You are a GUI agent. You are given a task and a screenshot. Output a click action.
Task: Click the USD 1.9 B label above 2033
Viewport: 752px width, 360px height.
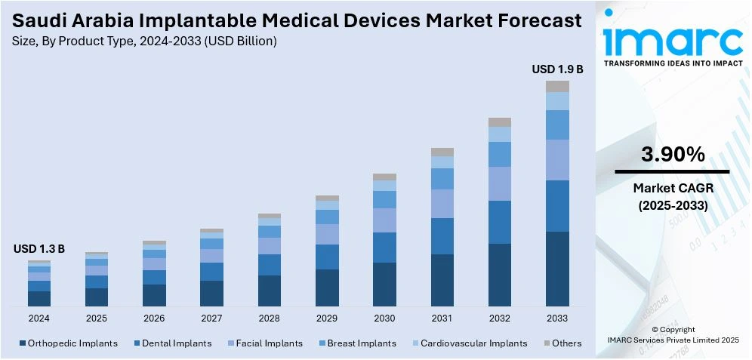(x=557, y=69)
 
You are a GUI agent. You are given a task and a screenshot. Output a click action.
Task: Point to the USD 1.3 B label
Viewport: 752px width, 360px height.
(x=39, y=249)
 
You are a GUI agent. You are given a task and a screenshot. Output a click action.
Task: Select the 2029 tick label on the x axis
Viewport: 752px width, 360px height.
(x=327, y=318)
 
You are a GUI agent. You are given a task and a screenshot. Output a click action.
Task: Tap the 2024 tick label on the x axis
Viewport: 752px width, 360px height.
(x=39, y=318)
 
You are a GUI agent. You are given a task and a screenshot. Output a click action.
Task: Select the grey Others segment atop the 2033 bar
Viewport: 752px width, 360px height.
(x=557, y=86)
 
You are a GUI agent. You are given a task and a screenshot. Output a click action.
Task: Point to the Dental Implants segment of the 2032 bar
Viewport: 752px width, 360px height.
(x=500, y=222)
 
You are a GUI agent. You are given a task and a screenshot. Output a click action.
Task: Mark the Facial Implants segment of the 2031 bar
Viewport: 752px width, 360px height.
(x=442, y=204)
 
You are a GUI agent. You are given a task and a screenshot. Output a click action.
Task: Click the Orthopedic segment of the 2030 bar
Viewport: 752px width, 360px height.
(x=384, y=284)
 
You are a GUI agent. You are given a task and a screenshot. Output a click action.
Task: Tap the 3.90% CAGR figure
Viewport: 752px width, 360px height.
(x=673, y=155)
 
